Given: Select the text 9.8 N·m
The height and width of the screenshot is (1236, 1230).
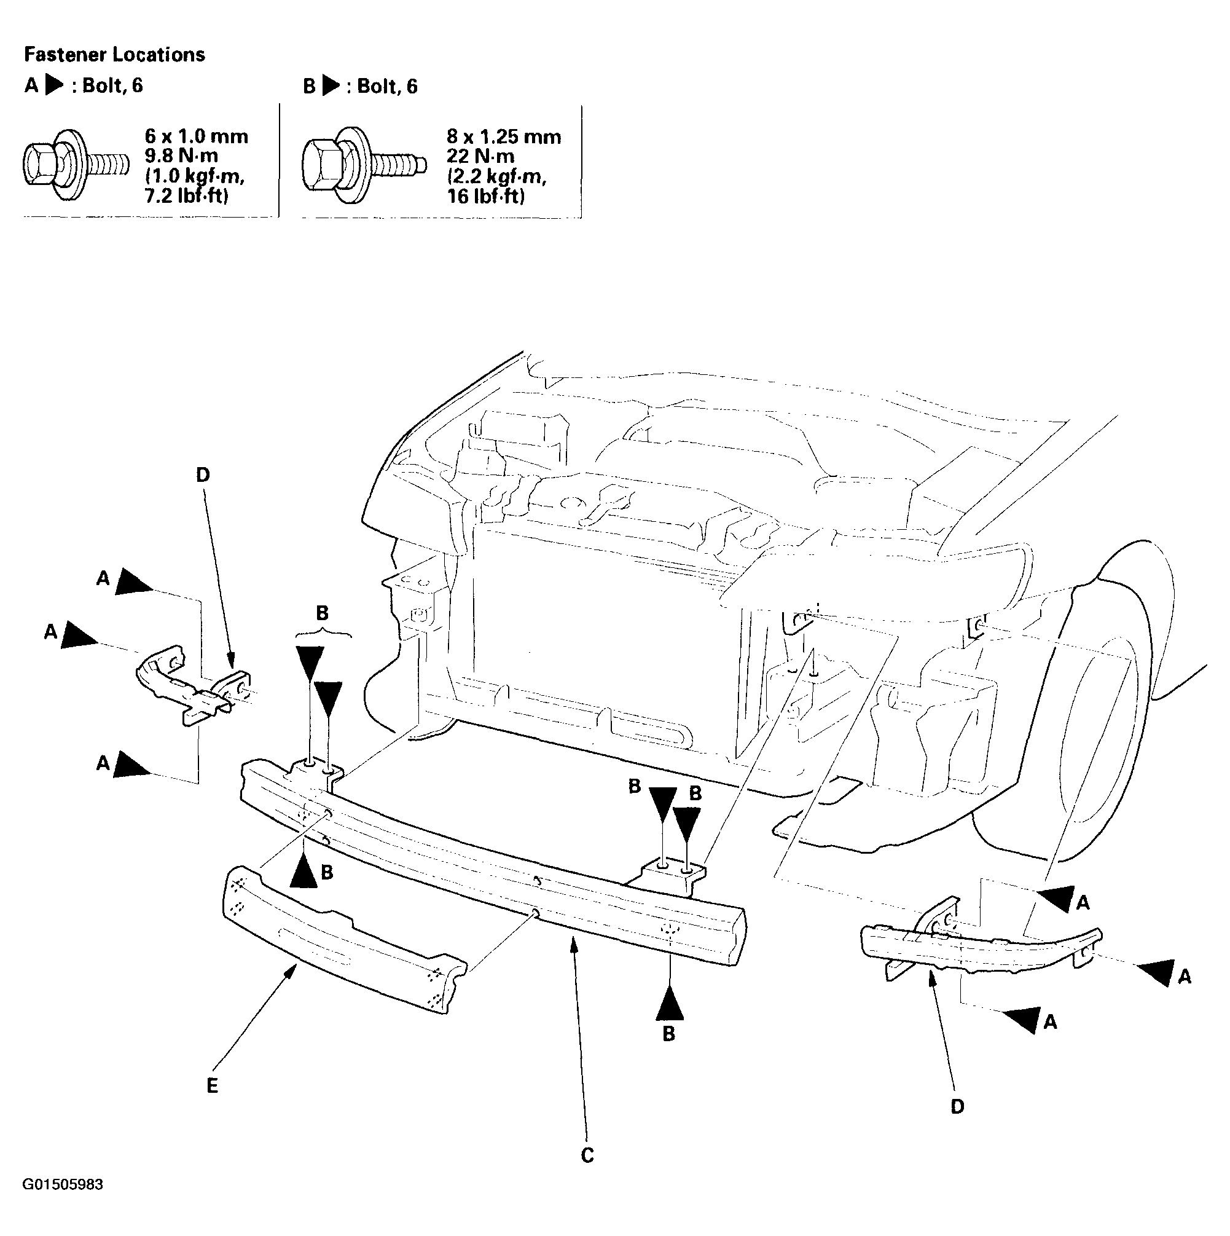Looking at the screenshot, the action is [182, 156].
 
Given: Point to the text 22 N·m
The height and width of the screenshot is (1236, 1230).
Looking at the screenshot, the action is [480, 156].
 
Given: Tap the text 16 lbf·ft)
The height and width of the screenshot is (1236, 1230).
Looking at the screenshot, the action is [485, 196].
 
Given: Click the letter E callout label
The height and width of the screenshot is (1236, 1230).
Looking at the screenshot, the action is [213, 1085].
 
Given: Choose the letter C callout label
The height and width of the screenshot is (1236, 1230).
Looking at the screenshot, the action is [587, 1155].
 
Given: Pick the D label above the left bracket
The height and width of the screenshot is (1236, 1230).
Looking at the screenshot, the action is [203, 474].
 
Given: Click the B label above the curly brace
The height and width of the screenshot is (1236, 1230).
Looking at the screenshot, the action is [323, 613].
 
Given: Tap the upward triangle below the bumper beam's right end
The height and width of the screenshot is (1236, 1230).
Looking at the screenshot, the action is [670, 1003].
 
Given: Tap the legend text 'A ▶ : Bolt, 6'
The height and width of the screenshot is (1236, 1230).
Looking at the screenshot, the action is [84, 85].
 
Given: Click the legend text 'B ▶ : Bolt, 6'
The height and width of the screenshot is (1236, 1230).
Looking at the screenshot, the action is [360, 85].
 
